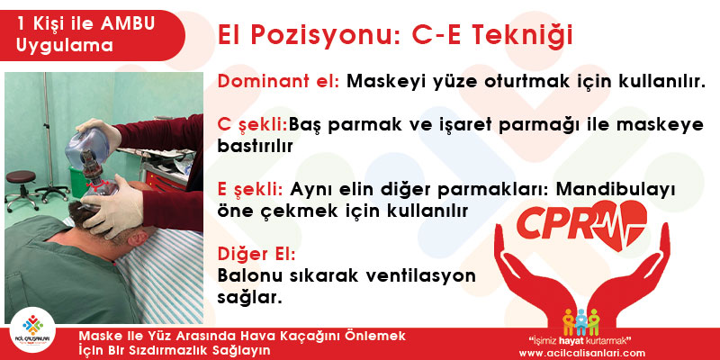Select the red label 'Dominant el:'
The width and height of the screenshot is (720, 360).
279,81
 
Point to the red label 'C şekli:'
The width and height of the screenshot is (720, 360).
252,125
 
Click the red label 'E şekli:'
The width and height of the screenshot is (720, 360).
250,189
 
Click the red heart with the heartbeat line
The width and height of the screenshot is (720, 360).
621,225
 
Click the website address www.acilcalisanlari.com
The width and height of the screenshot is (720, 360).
581,353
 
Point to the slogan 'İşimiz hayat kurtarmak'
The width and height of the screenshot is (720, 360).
580,341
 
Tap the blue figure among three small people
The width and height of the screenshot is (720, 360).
581,321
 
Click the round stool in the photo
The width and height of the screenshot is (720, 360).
22,186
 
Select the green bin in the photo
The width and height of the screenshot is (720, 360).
78,183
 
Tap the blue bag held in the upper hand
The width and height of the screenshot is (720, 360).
86,148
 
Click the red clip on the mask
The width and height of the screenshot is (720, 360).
98,185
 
